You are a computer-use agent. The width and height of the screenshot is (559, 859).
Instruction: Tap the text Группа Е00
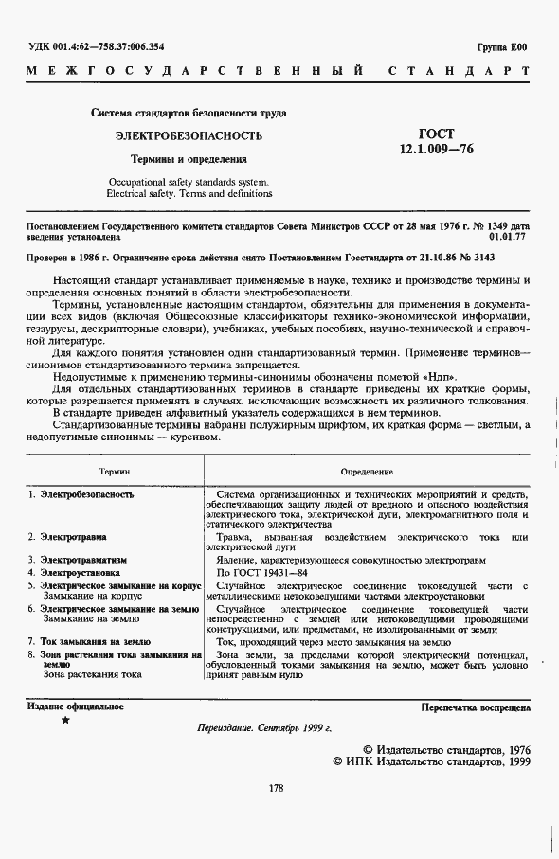click(502, 47)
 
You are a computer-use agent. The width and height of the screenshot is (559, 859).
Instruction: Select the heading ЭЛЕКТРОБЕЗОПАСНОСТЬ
click(189, 136)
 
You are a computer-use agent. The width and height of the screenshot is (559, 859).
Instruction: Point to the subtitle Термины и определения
click(189, 160)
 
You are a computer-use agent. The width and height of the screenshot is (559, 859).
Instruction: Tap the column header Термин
click(115, 471)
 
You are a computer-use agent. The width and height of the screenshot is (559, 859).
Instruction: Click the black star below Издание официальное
click(63, 721)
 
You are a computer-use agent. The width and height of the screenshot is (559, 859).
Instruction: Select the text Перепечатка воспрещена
click(476, 707)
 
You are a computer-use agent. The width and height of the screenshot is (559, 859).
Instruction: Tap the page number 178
click(277, 788)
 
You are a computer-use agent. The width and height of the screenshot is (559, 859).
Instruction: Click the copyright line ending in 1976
click(446, 749)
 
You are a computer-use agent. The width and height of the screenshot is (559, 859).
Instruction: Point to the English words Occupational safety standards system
click(189, 181)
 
